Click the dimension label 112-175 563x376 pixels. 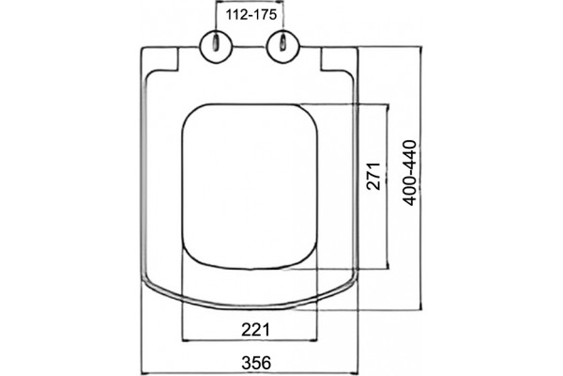point(251,15)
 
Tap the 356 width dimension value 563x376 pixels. point(256,362)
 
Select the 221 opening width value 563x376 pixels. point(255,329)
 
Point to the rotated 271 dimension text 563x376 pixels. point(373,176)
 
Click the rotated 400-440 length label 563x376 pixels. point(410,173)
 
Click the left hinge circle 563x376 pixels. point(216,47)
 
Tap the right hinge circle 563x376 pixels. point(283,47)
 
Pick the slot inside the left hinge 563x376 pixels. point(216,43)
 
